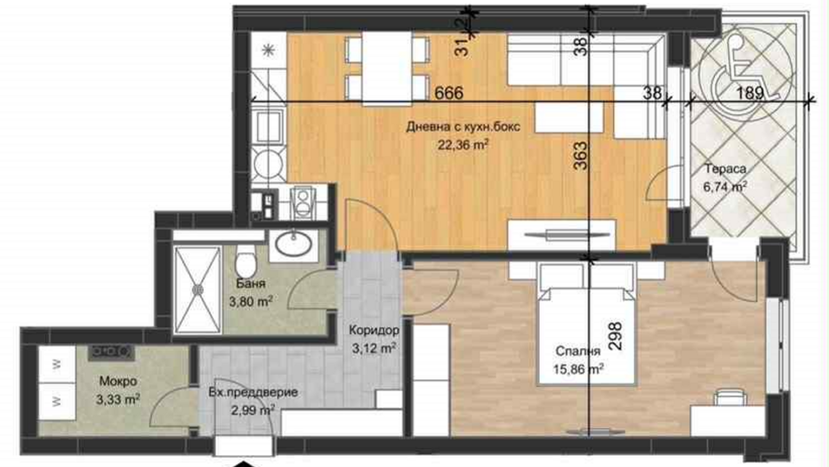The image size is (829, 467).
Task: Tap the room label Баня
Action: click(x=250, y=284)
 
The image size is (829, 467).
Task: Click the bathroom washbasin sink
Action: click(x=294, y=244)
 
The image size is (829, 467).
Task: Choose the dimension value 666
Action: click(x=449, y=93)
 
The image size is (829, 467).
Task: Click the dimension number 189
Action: click(x=750, y=93)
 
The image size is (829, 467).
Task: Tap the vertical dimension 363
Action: click(x=581, y=156)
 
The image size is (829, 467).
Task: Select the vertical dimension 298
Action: click(x=615, y=336)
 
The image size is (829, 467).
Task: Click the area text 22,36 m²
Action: click(x=463, y=144)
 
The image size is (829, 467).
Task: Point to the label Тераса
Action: click(x=725, y=169)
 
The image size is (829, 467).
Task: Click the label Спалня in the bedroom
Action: click(x=578, y=351)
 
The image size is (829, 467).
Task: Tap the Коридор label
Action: click(x=374, y=330)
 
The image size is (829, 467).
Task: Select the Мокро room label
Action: click(x=118, y=381)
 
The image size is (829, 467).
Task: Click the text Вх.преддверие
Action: click(x=253, y=393)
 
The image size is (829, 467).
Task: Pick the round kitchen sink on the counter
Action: click(x=268, y=165)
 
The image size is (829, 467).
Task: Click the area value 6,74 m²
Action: click(x=725, y=187)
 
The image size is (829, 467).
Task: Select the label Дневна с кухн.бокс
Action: click(x=463, y=127)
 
